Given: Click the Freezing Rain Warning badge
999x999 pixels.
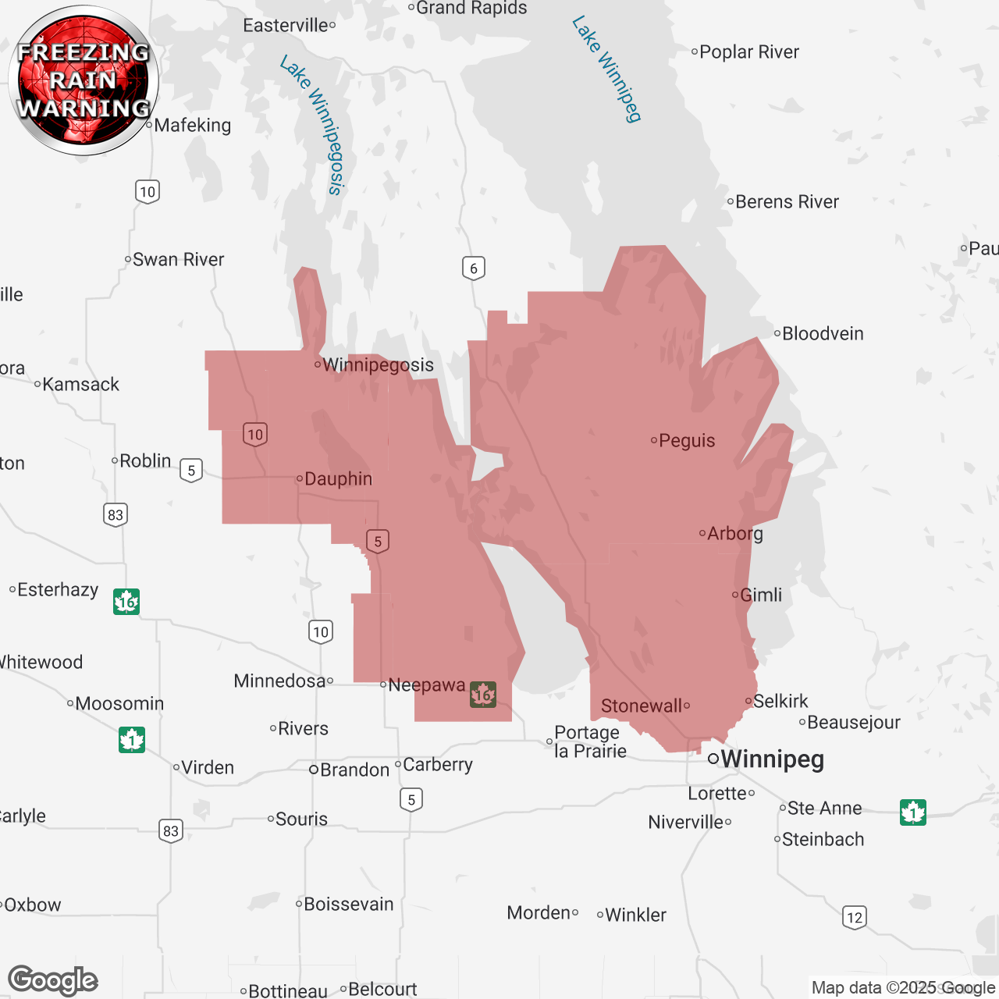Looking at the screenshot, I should click(x=84, y=80).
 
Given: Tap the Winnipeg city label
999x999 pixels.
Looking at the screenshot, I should click(x=771, y=759).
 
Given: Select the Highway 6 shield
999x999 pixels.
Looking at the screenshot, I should click(x=474, y=268).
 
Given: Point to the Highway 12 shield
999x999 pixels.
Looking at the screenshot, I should click(x=855, y=917).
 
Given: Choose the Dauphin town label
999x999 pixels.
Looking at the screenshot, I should click(x=338, y=478).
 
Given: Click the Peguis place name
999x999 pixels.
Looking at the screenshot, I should click(x=687, y=440).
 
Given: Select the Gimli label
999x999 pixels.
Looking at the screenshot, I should click(x=760, y=595).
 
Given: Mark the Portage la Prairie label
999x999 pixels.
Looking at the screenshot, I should click(x=590, y=742).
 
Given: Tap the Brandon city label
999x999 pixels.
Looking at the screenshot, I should click(x=354, y=770).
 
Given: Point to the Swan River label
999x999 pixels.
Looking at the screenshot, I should click(x=178, y=259).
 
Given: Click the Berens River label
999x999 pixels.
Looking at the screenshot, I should click(x=787, y=201).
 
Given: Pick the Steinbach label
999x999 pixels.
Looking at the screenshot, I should click(x=823, y=839).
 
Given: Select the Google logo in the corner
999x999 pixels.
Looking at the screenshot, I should click(x=53, y=980).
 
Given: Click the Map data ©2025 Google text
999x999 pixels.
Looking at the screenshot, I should click(x=903, y=987).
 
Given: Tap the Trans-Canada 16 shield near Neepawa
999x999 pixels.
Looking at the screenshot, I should click(x=483, y=694).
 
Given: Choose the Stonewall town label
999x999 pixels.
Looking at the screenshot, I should click(x=642, y=706).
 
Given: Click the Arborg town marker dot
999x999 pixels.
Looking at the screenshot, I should click(x=702, y=534).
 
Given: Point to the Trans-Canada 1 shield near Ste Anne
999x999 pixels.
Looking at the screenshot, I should click(x=912, y=812).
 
